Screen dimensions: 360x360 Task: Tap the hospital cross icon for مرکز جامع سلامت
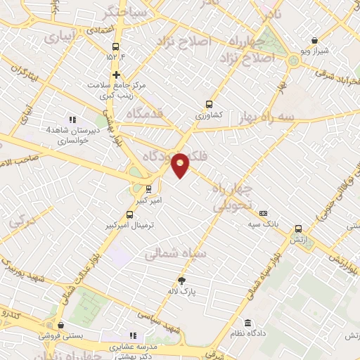pyautogui.click(x=117, y=75)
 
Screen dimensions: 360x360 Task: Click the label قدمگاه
pyautogui.click(x=148, y=112)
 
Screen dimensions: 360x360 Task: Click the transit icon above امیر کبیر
pyautogui.click(x=148, y=188)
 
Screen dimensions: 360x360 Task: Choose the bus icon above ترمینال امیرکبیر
pyautogui.click(x=129, y=214)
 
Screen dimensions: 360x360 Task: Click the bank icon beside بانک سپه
pyautogui.click(x=264, y=213)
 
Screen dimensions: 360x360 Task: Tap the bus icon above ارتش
pyautogui.click(x=299, y=229)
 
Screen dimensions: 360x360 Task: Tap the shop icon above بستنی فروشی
pyautogui.click(x=63, y=326)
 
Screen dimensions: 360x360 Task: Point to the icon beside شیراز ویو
pyautogui.click(x=314, y=40)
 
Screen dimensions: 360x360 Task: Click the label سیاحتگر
pyautogui.click(x=104, y=13)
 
